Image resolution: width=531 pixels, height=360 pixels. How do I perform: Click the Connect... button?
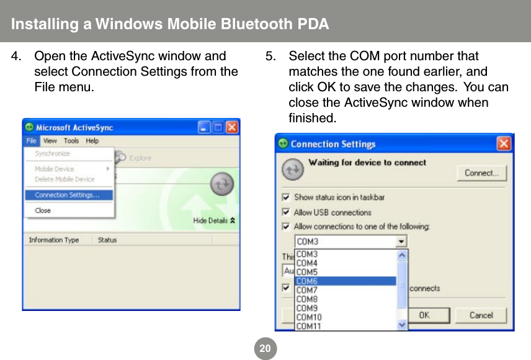pyautogui.click(x=481, y=173)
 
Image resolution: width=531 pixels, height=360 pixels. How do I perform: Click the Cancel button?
pyautogui.click(x=481, y=315)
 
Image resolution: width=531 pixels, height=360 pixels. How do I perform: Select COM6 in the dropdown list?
pyautogui.click(x=345, y=281)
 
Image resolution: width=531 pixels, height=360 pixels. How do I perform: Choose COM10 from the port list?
pyautogui.click(x=345, y=317)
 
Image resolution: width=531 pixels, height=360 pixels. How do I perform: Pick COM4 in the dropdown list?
pyautogui.click(x=345, y=263)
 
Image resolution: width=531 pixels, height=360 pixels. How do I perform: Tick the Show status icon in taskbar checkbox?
pyautogui.click(x=286, y=197)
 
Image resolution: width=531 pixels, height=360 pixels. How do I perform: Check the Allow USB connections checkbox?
pyautogui.click(x=286, y=212)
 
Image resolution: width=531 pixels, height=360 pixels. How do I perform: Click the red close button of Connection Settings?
pyautogui.click(x=504, y=144)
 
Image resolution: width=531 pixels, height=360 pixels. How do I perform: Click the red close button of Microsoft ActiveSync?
pyautogui.click(x=232, y=127)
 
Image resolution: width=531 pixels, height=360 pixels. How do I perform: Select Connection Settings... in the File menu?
pyautogui.click(x=68, y=195)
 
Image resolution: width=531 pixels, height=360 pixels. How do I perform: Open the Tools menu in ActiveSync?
pyautogui.click(x=71, y=141)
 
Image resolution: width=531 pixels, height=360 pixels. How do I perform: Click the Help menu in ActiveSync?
pyautogui.click(x=92, y=141)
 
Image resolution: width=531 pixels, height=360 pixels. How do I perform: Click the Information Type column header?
pyautogui.click(x=54, y=240)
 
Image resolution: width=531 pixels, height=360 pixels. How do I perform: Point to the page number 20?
pyautogui.click(x=265, y=348)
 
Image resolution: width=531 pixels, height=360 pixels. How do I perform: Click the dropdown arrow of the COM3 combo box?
pyautogui.click(x=401, y=241)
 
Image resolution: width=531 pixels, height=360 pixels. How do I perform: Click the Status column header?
pyautogui.click(x=107, y=240)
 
